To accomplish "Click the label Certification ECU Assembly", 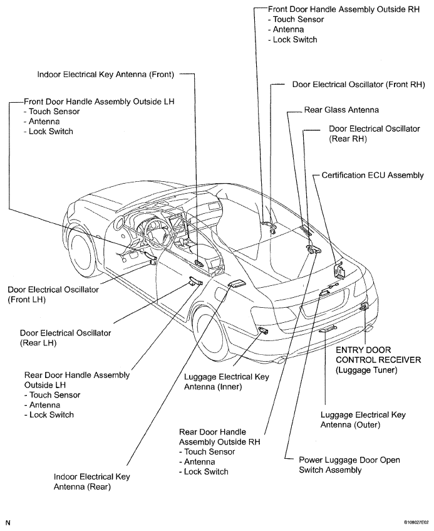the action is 373,176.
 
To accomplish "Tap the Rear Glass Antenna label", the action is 341,110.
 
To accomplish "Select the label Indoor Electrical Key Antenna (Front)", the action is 106,75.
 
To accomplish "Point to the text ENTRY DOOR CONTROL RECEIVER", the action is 378,355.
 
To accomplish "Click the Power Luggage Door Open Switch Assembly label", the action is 349,465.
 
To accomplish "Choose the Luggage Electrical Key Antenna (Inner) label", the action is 226,382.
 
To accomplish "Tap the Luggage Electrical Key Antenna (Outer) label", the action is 363,420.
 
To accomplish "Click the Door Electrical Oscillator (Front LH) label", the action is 53,295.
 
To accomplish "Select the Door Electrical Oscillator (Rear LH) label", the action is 65,338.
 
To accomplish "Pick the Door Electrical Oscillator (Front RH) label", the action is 359,85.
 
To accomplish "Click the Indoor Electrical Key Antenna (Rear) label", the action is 91,482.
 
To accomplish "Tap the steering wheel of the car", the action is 157,234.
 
